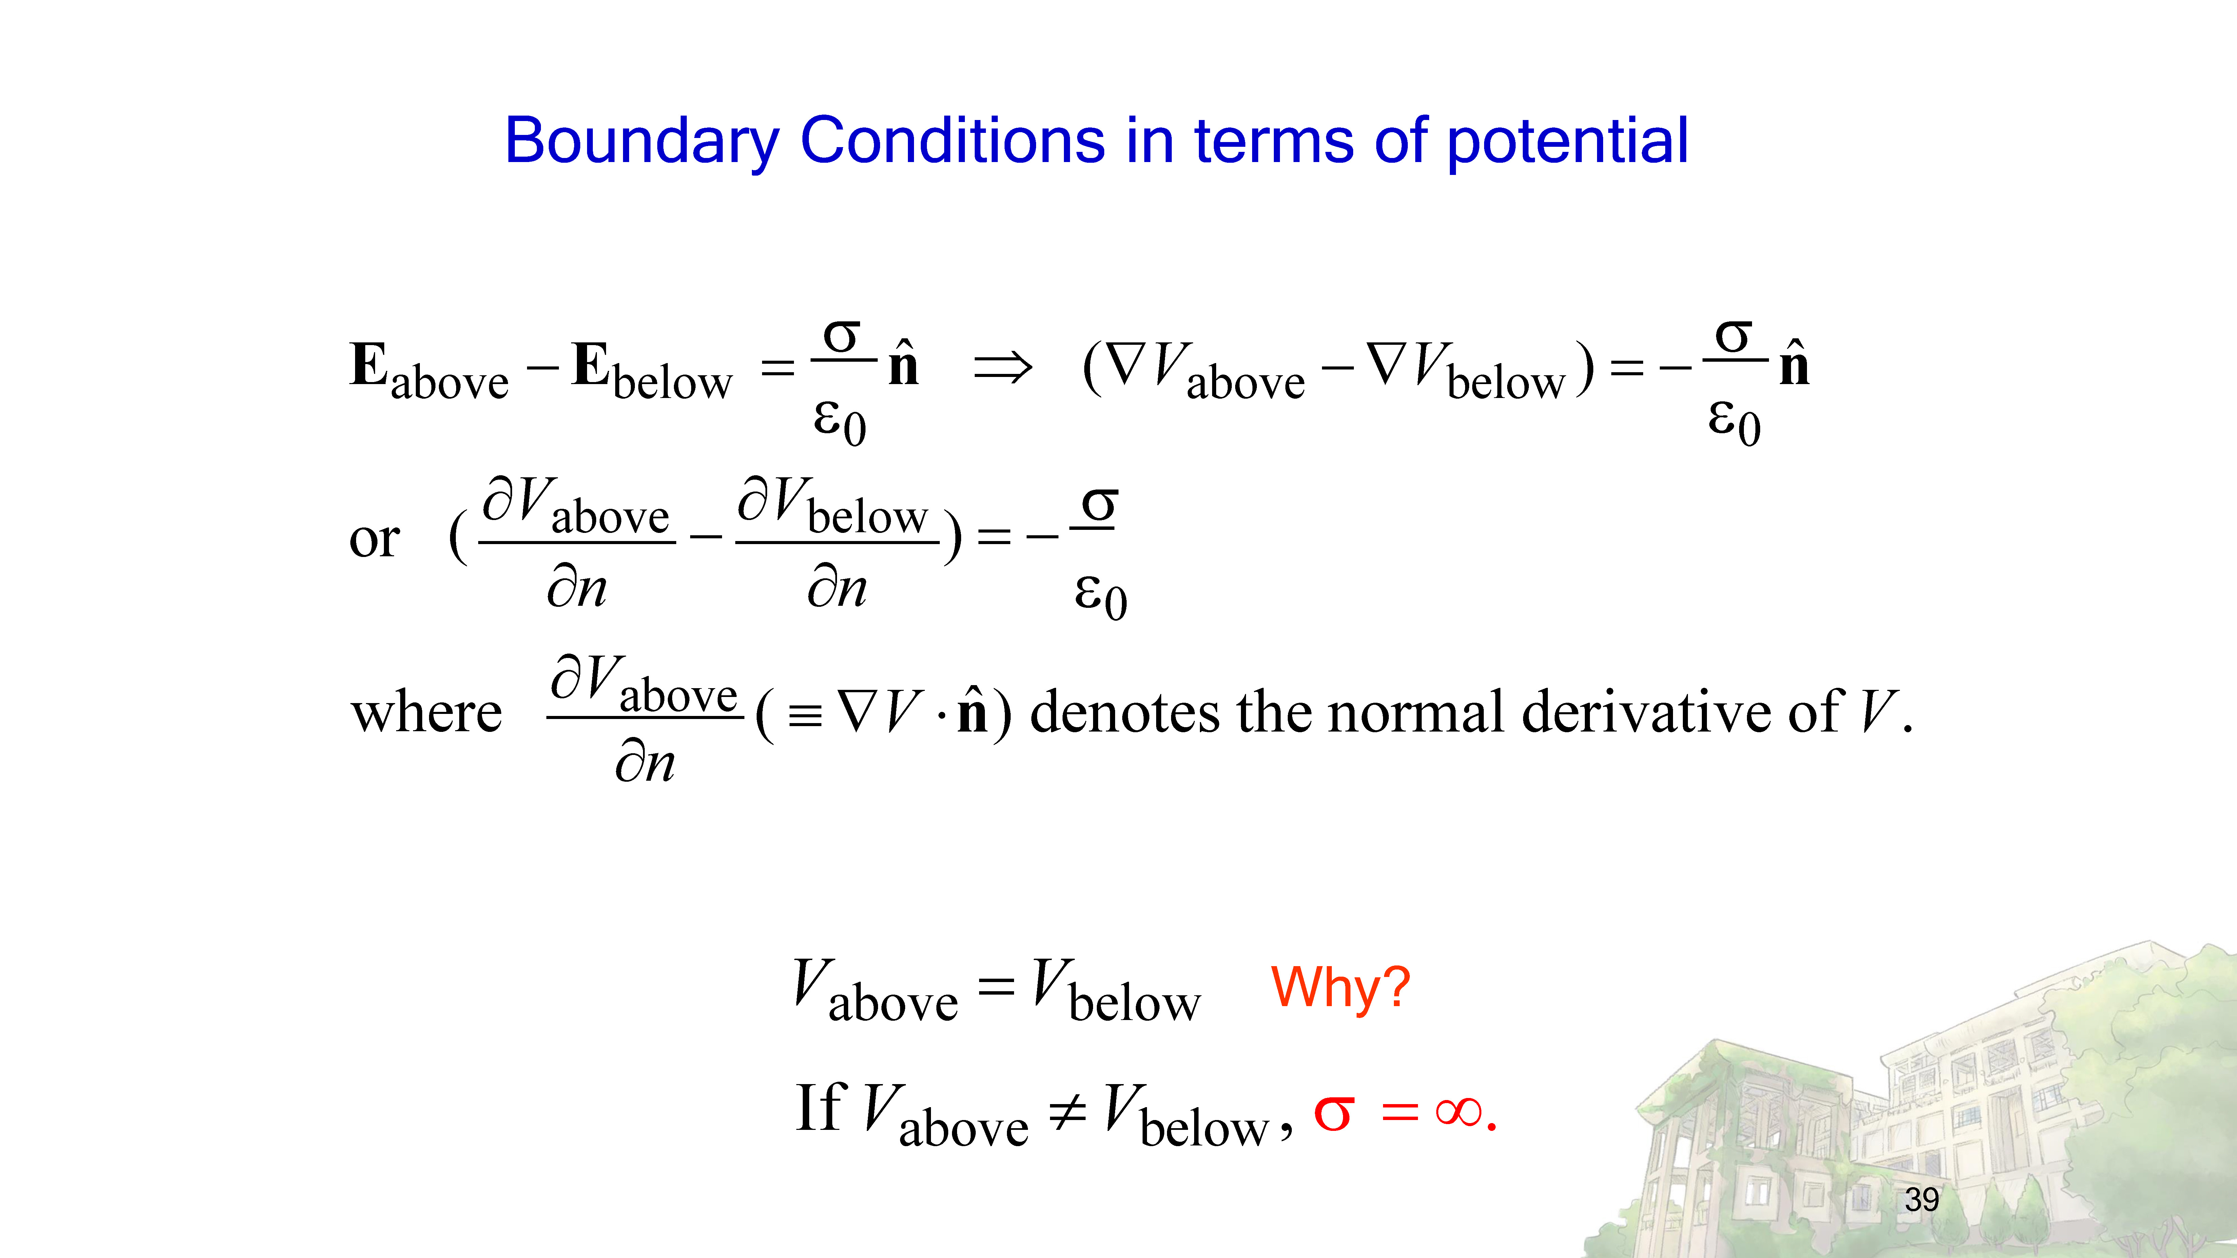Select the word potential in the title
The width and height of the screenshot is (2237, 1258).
1568,141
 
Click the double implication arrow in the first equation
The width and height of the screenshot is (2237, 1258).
1003,367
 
